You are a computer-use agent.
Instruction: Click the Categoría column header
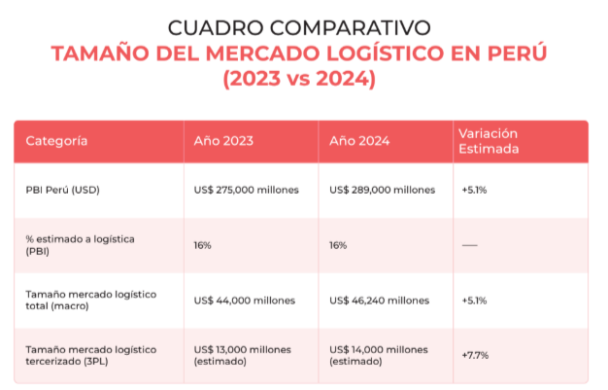tap(56, 141)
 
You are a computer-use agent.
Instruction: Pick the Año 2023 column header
tap(223, 141)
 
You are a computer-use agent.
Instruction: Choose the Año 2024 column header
tap(359, 141)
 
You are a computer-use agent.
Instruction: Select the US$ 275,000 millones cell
tap(247, 190)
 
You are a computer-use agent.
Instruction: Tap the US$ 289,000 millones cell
tap(382, 190)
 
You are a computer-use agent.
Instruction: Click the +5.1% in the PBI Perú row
tap(474, 190)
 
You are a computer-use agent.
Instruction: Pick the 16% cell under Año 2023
tap(202, 245)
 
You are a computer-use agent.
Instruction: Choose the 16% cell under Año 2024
tap(338, 245)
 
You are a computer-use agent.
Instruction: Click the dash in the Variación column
tap(469, 245)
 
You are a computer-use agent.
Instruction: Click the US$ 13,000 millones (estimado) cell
tap(243, 355)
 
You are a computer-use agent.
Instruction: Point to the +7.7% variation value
tap(475, 355)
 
